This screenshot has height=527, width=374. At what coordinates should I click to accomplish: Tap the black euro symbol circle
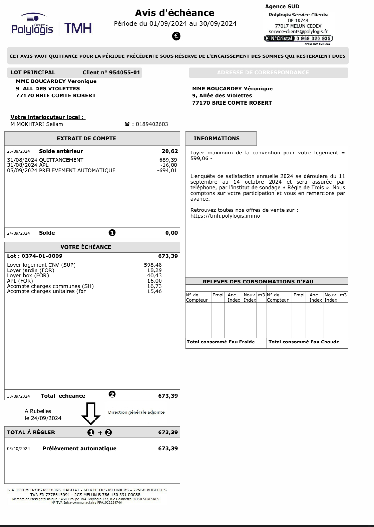[176, 36]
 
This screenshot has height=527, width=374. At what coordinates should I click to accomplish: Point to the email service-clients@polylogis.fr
[298, 31]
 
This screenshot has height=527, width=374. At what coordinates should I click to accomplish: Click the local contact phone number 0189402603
[152, 124]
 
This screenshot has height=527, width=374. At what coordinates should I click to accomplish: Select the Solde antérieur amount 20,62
[170, 151]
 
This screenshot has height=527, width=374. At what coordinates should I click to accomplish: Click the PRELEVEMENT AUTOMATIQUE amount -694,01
[167, 170]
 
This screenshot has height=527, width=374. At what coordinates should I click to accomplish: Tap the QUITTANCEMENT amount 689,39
[168, 160]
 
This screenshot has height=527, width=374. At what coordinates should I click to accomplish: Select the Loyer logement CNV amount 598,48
[153, 265]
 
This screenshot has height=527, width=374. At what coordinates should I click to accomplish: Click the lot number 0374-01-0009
[42, 256]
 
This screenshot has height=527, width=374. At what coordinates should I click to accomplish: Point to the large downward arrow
[91, 413]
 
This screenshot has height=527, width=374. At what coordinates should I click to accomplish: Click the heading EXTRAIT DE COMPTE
[86, 138]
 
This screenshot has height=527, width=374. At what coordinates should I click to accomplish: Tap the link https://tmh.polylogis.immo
[225, 216]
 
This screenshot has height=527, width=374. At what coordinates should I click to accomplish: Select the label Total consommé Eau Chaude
[304, 342]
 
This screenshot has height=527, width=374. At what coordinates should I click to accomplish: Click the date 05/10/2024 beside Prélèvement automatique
[18, 449]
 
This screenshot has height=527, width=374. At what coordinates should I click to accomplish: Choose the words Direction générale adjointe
[136, 412]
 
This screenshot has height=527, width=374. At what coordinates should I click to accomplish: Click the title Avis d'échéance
[175, 13]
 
